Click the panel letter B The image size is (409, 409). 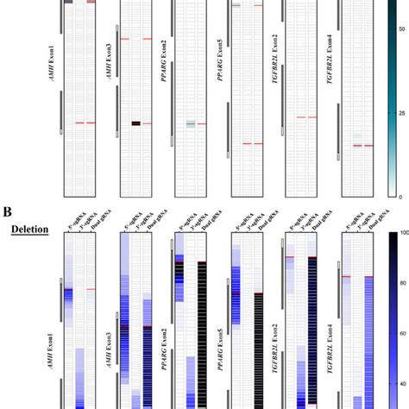[7, 211]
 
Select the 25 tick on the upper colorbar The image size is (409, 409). [400, 113]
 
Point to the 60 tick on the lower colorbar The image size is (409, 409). [400, 332]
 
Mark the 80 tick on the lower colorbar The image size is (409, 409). [400, 283]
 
